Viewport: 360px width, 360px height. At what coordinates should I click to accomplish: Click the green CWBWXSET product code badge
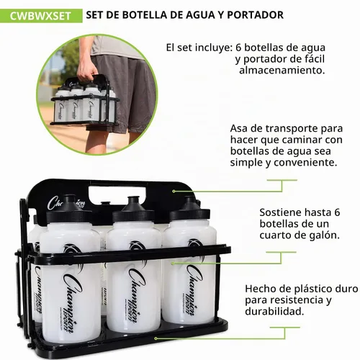pyautogui.click(x=41, y=16)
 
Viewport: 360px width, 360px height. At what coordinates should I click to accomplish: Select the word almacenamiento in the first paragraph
pyautogui.click(x=282, y=71)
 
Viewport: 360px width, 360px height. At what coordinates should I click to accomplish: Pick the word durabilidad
pyautogui.click(x=274, y=311)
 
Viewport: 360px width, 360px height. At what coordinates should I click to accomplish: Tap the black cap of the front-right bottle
pyautogui.click(x=189, y=209)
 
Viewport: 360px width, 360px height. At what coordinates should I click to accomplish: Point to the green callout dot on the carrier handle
pyautogui.click(x=174, y=191)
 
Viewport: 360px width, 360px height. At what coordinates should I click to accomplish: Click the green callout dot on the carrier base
pyautogui.click(x=156, y=338)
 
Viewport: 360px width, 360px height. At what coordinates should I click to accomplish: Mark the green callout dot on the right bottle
pyautogui.click(x=172, y=264)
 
